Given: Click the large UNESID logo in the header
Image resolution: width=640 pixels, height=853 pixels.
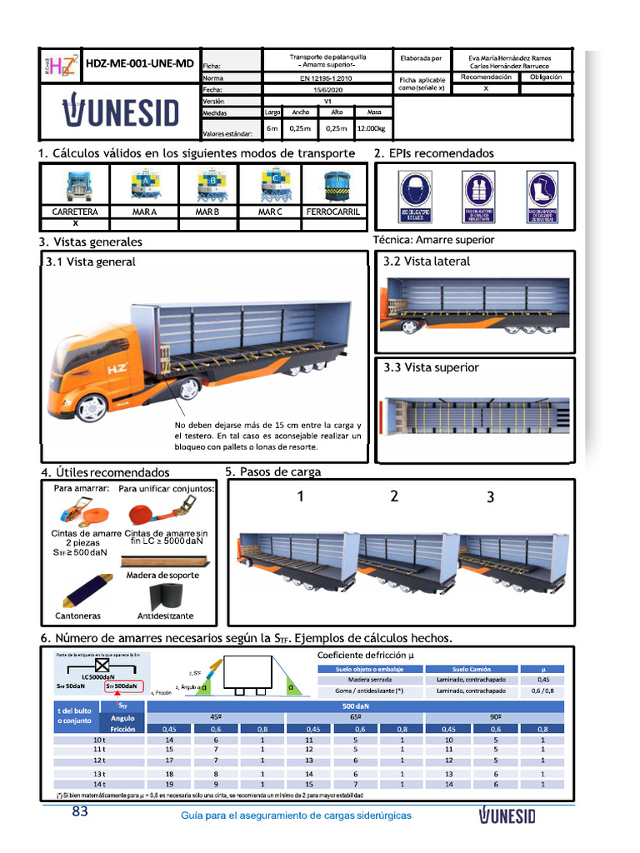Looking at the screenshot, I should click(x=120, y=111).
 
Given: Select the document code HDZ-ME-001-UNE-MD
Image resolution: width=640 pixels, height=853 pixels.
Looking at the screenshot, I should click(x=140, y=63).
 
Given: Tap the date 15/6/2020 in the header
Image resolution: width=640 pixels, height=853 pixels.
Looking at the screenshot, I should click(x=327, y=88).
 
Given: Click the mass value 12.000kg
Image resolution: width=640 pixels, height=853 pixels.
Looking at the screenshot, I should click(x=373, y=129).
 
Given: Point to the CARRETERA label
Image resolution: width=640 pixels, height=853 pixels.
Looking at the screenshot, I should click(x=75, y=212).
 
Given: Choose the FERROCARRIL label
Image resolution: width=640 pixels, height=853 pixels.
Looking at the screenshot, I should click(x=333, y=212).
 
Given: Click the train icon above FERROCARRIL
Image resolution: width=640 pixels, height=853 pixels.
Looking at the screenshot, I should click(x=333, y=187).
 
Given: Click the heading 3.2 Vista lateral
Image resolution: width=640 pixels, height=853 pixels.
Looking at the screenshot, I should click(x=427, y=262).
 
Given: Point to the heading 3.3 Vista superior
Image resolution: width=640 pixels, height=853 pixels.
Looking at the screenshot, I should click(x=431, y=367).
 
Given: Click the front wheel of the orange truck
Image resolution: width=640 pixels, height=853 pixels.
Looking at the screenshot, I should click(x=91, y=407).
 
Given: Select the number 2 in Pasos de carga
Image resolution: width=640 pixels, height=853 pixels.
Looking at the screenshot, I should click(x=394, y=496).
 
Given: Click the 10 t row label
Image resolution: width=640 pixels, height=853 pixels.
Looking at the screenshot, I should click(x=99, y=739).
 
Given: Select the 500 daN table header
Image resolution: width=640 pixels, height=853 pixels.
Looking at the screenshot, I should click(x=355, y=706).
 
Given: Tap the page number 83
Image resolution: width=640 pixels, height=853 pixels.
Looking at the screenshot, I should click(x=80, y=812).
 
